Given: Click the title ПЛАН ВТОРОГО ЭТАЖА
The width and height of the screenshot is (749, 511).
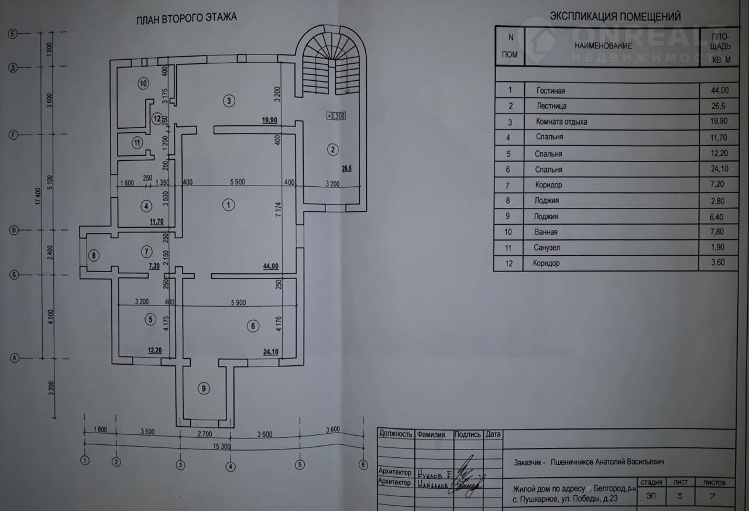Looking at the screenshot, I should (x=187, y=18).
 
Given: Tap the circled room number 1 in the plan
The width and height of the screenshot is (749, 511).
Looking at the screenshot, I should (x=229, y=204).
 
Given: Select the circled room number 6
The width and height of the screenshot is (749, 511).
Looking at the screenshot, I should (x=252, y=327).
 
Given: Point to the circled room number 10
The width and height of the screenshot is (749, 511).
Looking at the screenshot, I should (x=143, y=84).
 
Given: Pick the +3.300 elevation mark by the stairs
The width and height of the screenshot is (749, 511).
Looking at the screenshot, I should (x=336, y=116).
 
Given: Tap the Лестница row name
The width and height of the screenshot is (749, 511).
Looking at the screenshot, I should (x=551, y=107).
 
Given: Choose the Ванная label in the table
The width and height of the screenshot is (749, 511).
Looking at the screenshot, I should (x=548, y=232).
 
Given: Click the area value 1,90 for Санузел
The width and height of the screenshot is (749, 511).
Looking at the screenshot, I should (x=716, y=248).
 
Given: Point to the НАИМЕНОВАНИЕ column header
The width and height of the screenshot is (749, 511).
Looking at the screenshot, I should (x=603, y=46).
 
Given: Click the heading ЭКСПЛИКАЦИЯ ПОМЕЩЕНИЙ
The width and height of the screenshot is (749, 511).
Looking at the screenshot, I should (x=615, y=17).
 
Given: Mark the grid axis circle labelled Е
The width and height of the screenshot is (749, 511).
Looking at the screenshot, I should (x=12, y=35).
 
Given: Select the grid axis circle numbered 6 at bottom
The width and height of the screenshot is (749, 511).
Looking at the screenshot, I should (x=363, y=465).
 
